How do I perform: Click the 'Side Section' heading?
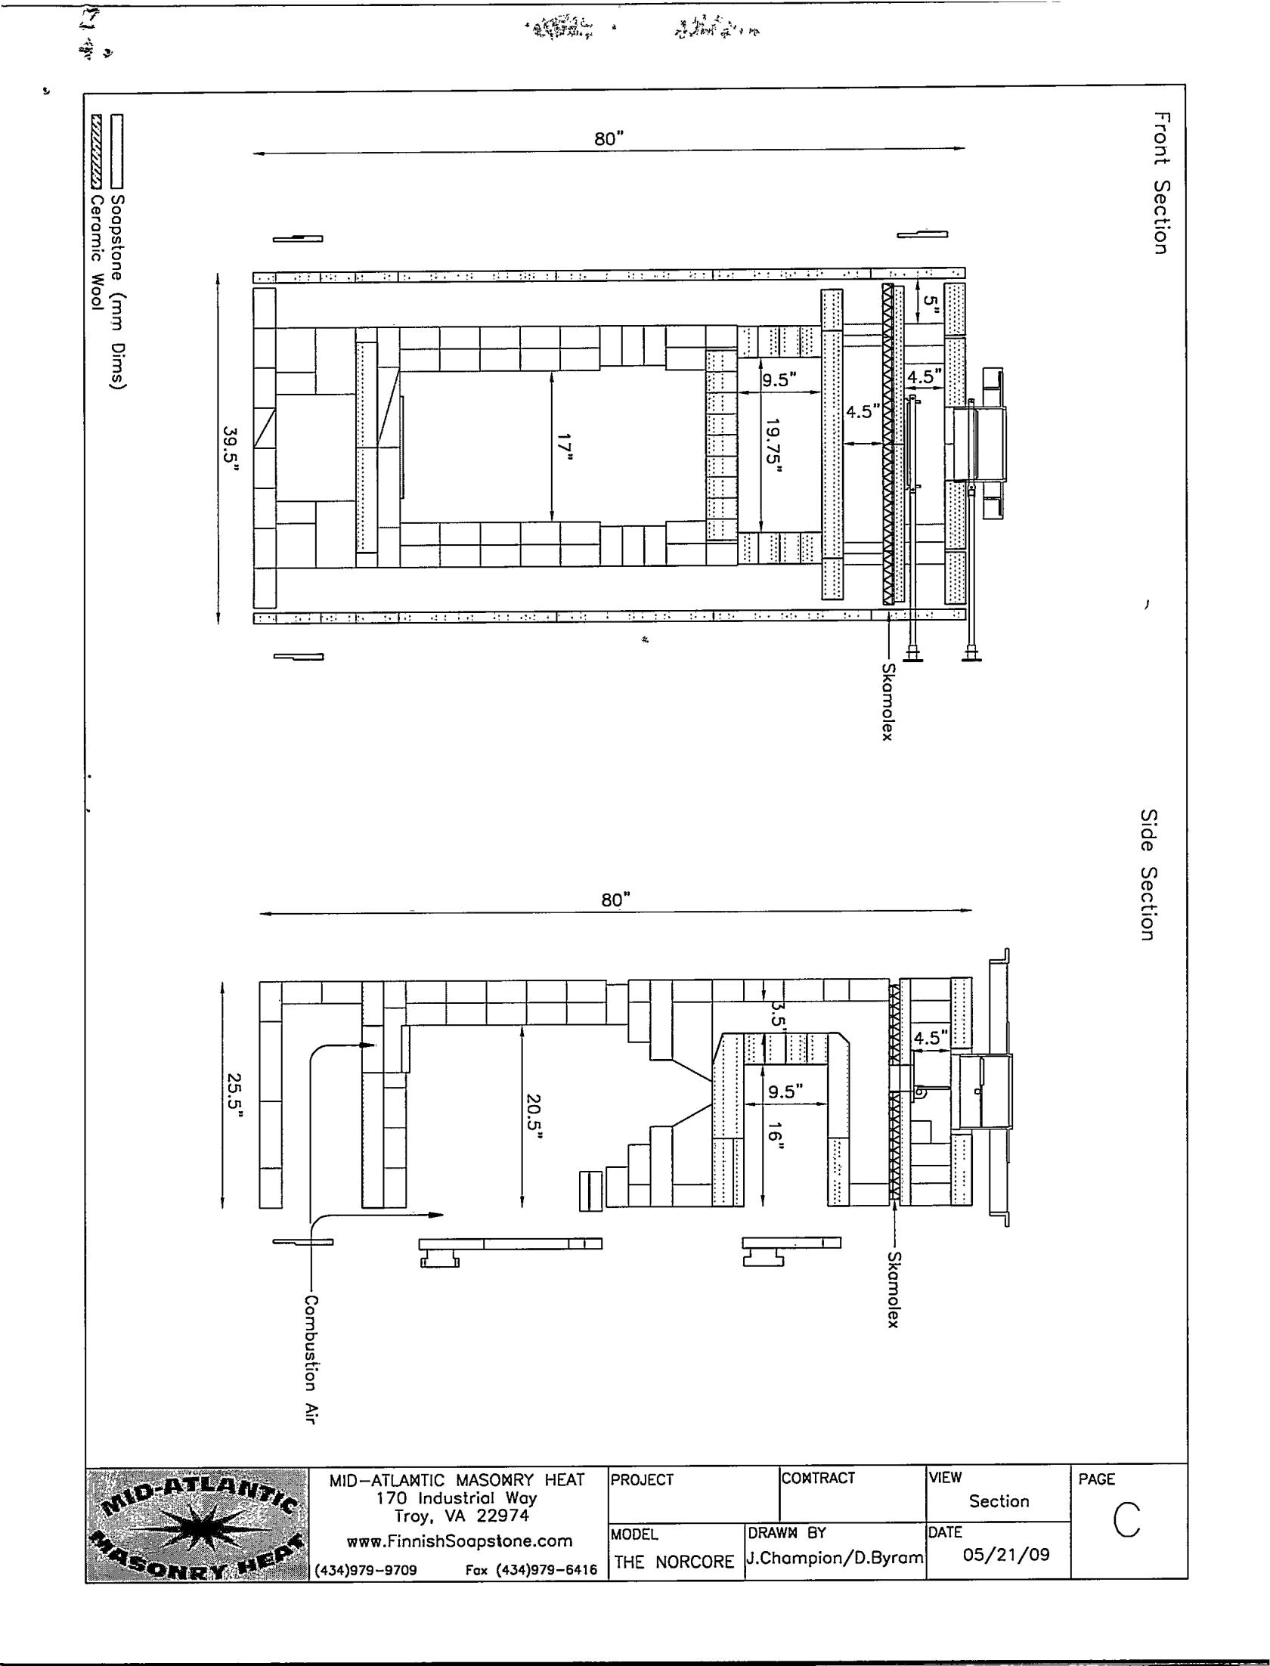tap(1148, 875)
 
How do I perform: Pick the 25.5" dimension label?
tap(235, 1094)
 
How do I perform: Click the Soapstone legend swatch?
tap(116, 151)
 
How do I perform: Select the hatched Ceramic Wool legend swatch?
tap(97, 151)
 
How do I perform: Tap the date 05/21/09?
tap(1006, 1555)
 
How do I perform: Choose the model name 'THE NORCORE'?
tap(674, 1562)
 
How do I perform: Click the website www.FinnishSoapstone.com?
tap(459, 1541)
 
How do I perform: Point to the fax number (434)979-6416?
tap(531, 1570)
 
